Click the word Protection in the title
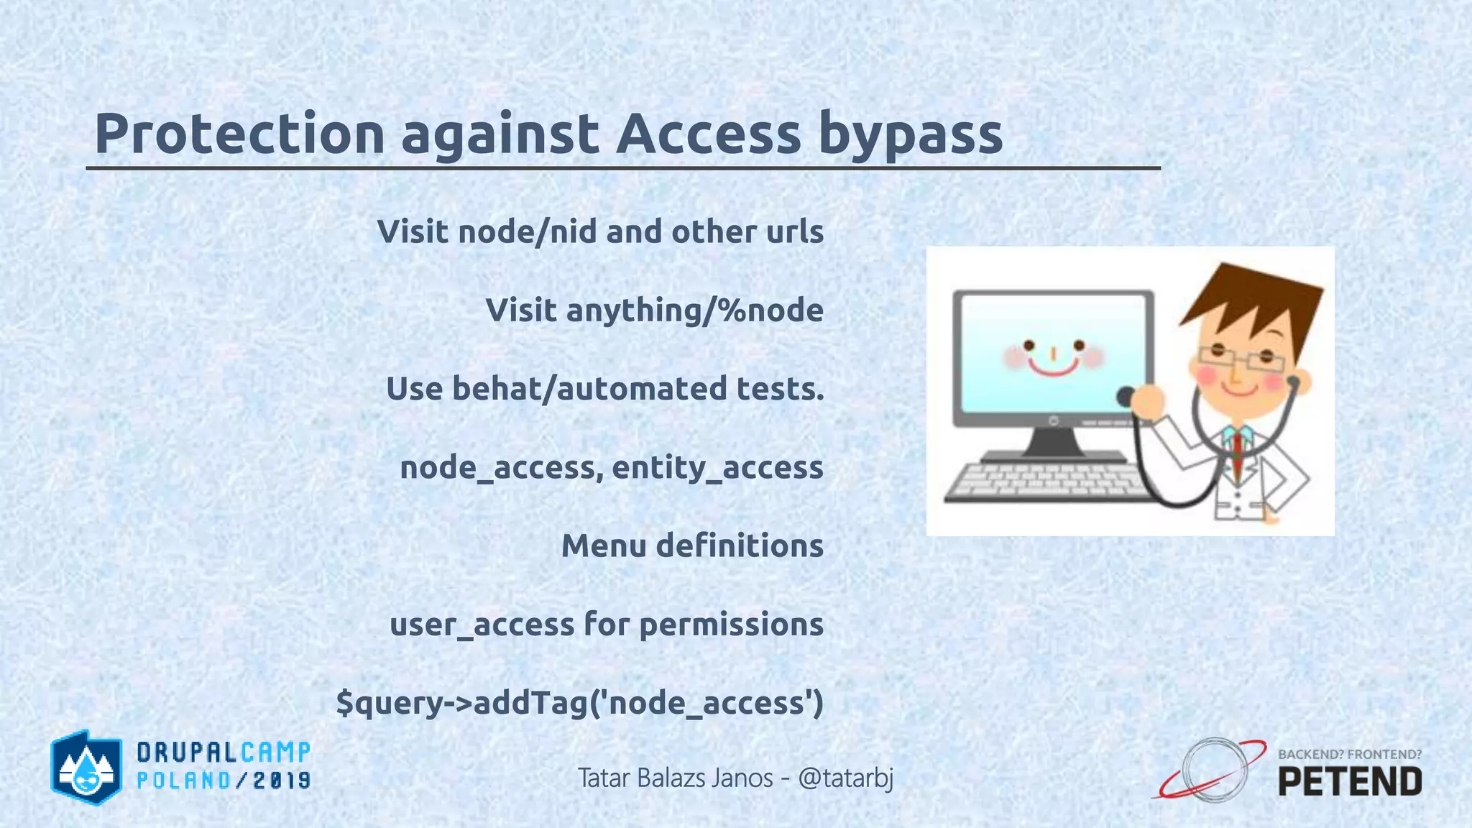[239, 134]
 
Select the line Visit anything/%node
[654, 310]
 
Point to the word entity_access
[717, 468]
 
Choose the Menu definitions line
[691, 546]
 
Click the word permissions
[731, 624]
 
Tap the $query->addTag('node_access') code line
[579, 702]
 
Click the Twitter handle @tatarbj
[845, 778]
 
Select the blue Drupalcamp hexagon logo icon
[86, 767]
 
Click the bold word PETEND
[1350, 782]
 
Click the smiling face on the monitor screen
[1053, 357]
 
